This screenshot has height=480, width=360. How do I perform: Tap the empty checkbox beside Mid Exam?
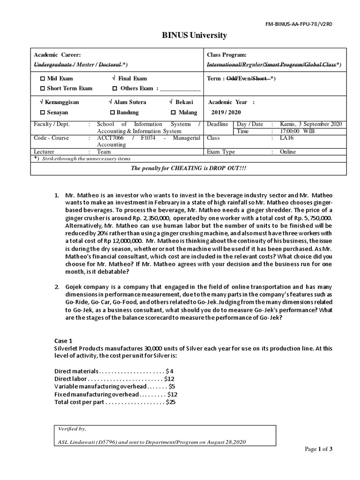tap(43, 79)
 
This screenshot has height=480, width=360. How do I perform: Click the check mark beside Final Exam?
tap(114, 79)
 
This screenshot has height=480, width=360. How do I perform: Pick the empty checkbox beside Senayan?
tap(43, 112)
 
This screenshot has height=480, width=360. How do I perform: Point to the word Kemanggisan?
tap(62, 102)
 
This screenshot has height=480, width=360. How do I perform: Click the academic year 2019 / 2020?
tap(225, 112)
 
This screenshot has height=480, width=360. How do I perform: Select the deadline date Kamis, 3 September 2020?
tap(311, 124)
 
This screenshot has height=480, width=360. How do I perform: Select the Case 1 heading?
tap(64, 341)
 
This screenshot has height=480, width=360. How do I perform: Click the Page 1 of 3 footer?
tap(318, 449)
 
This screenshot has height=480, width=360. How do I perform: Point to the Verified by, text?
tap(72, 428)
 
